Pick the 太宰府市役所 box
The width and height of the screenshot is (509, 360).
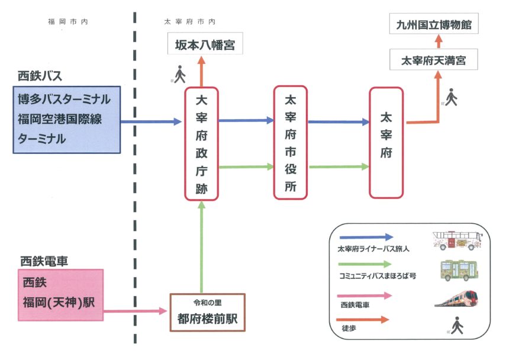tap(291, 142)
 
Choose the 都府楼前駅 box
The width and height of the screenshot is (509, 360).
tap(204, 312)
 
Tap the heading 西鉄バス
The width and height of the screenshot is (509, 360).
tap(40, 76)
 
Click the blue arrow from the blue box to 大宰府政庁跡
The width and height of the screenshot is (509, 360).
tap(151, 122)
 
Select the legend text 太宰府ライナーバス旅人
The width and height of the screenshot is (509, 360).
tap(373, 249)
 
